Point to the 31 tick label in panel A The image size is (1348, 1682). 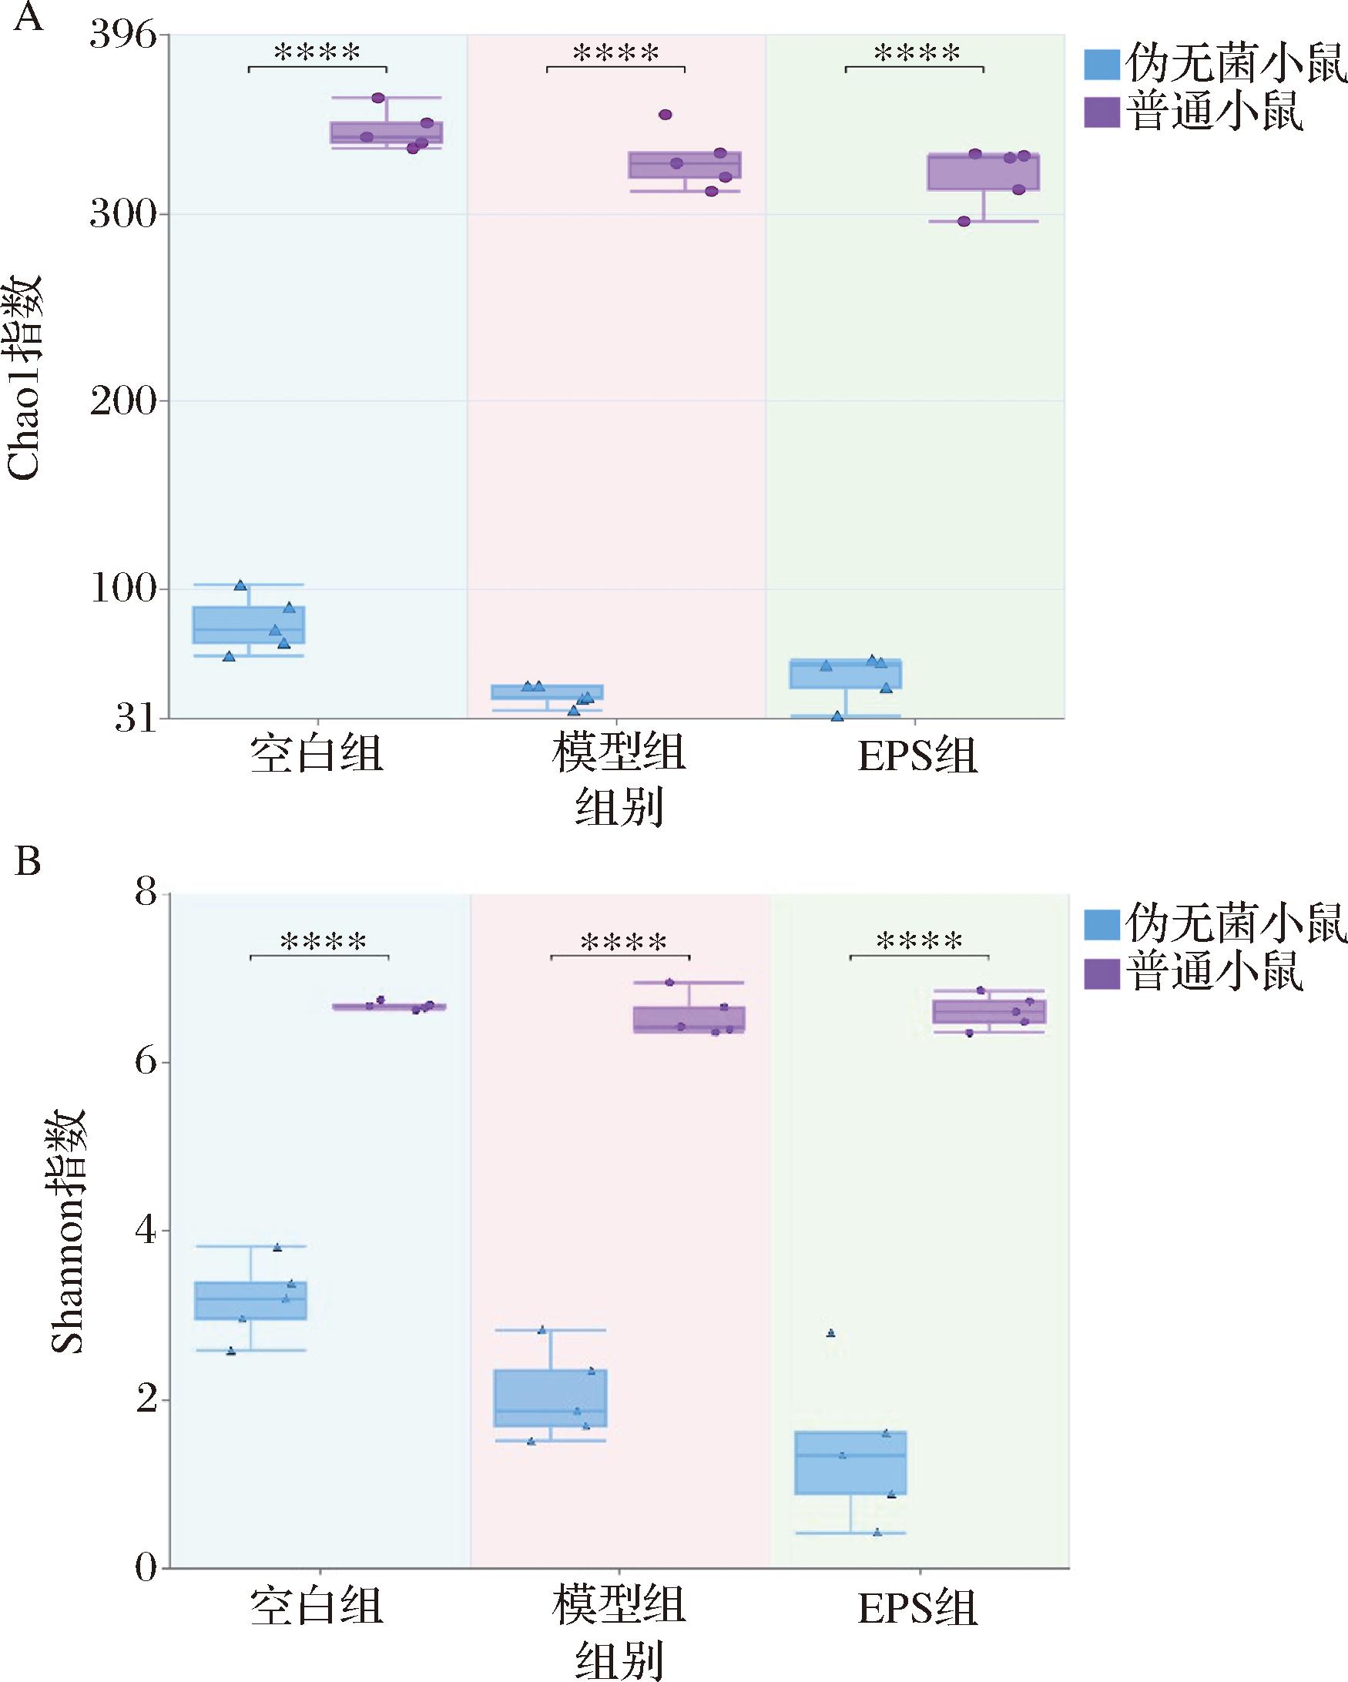tap(135, 719)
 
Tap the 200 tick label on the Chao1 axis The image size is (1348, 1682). tap(122, 402)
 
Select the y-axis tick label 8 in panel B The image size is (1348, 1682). tap(146, 892)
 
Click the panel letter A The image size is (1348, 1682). tap(28, 17)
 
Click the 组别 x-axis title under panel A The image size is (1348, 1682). tap(619, 806)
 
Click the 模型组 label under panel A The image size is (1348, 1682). tap(619, 755)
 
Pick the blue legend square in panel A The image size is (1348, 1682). tap(1102, 65)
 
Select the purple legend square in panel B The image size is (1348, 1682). tap(1102, 973)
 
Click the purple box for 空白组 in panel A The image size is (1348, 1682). tap(386, 132)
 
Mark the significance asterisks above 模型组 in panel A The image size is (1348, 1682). tap(615, 54)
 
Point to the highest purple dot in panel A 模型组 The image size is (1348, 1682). tap(666, 115)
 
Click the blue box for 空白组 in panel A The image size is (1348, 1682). tap(249, 625)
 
